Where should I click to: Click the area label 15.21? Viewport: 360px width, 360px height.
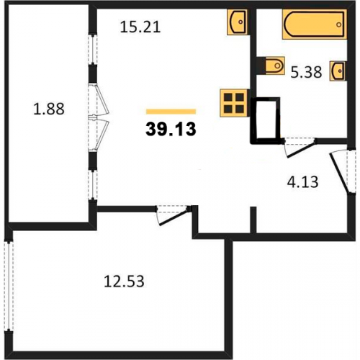point(140,27)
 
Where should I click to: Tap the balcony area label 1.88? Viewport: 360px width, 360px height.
point(49,109)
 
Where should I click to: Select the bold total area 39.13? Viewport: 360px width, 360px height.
point(171,129)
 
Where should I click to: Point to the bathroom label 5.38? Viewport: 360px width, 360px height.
point(306,72)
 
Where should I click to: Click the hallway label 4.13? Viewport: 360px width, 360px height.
point(302,181)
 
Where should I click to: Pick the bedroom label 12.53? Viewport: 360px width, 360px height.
point(124,282)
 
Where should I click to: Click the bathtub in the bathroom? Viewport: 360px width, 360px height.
point(315,24)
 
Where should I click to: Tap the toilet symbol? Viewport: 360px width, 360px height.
point(275,66)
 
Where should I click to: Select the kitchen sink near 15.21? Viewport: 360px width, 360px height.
point(238,22)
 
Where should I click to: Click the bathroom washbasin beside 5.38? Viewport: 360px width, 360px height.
point(338,71)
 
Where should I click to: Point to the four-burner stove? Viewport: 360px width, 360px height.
point(234,103)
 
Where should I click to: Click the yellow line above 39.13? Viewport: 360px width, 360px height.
point(171,112)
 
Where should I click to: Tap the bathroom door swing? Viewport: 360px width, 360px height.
point(299,148)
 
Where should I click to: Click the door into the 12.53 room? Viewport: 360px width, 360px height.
point(172,215)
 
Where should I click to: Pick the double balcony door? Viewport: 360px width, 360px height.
point(99,117)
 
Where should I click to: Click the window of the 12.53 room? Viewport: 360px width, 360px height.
point(9,286)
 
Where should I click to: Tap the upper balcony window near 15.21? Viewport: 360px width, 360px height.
point(93,50)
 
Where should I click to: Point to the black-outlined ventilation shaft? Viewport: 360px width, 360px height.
point(266,120)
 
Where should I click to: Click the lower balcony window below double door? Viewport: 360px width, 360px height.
point(93,185)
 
